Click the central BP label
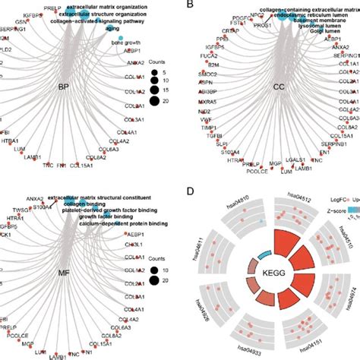[x=84, y=87]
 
